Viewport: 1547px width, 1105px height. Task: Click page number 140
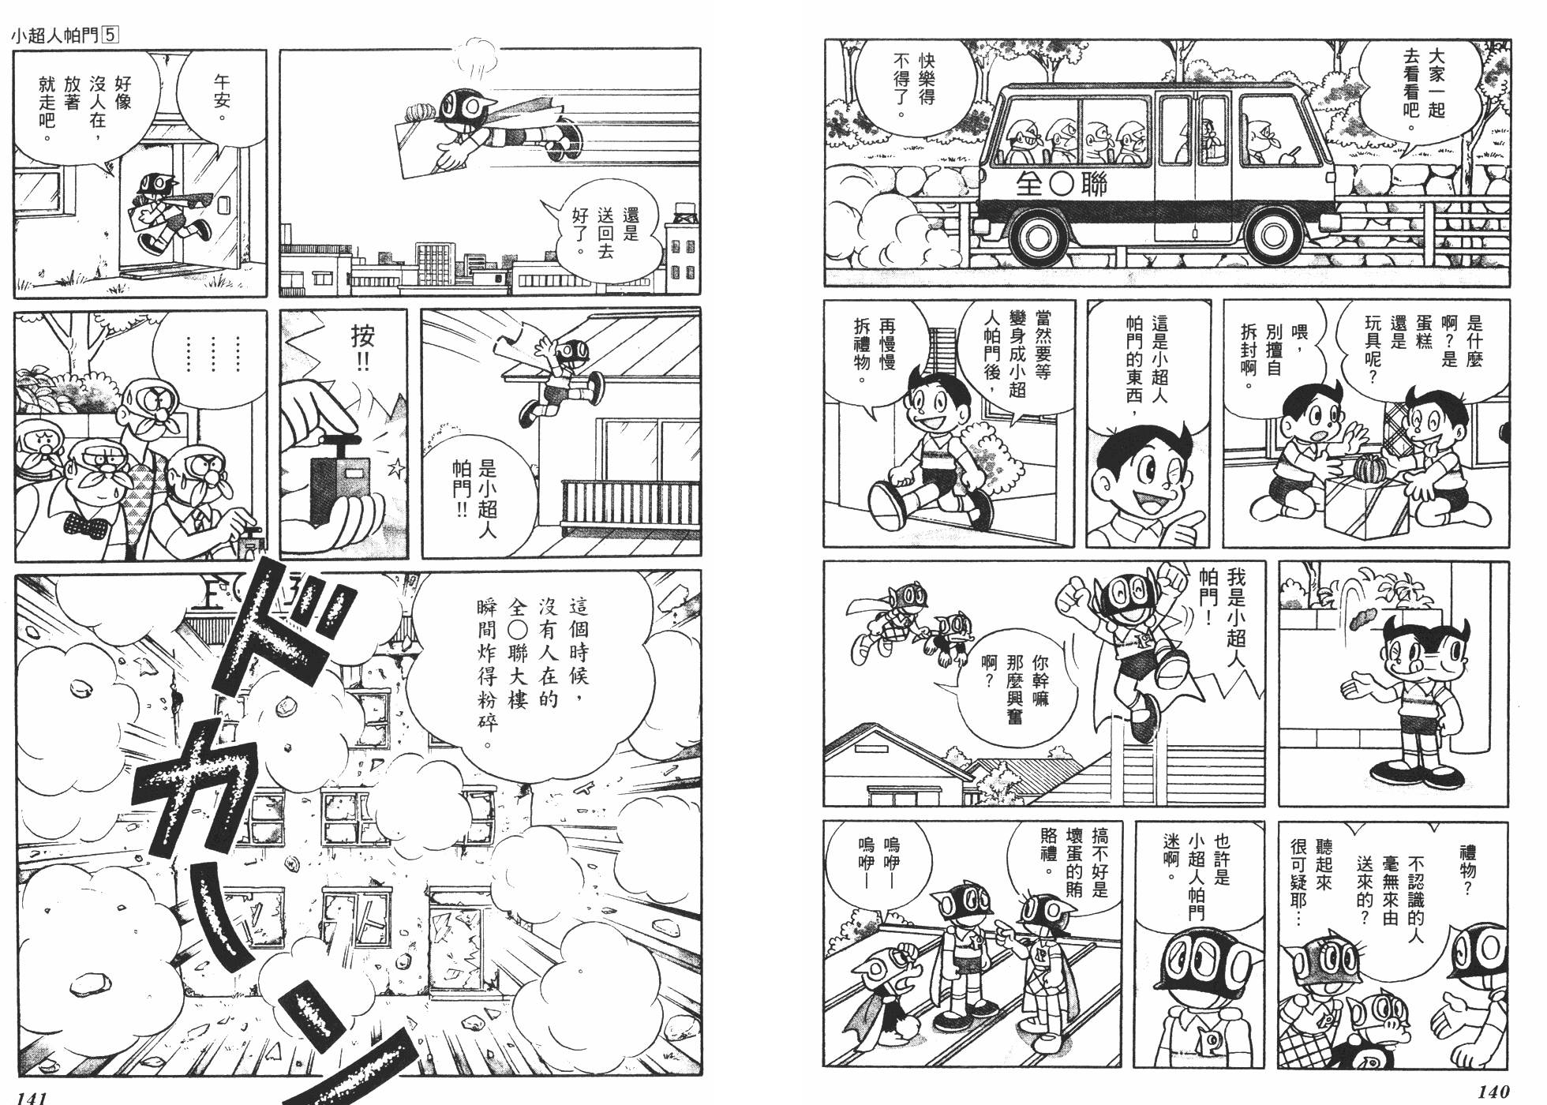coord(1492,1092)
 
